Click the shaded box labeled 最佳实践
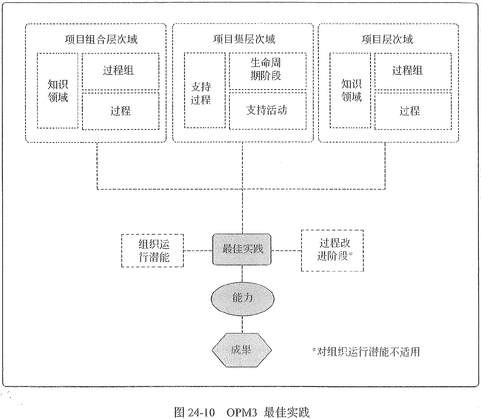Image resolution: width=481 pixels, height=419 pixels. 242,249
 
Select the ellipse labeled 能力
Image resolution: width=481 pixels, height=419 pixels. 242,298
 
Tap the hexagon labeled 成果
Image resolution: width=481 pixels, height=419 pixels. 242,350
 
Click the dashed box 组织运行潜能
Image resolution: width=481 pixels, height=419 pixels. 152,251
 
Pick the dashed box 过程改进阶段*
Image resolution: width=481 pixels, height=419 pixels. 332,250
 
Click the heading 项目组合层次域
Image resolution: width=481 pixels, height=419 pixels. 101,40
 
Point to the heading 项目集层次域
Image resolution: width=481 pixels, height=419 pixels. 244,39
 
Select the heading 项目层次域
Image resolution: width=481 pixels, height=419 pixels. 387,40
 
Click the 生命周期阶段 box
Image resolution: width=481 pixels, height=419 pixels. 268,71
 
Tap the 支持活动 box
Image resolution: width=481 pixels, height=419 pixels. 268,111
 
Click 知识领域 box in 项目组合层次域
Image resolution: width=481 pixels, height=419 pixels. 58,91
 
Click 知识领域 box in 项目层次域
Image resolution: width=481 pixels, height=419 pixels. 350,91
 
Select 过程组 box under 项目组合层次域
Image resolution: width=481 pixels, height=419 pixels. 120,71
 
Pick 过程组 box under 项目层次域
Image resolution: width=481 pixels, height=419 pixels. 413,71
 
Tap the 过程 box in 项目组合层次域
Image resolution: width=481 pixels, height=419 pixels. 120,111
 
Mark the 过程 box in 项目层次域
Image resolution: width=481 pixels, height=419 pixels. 413,111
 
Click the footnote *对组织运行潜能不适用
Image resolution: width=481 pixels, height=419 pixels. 366,352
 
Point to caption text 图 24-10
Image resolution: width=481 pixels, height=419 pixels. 195,412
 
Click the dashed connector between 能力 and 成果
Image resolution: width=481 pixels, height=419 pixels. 242,324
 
